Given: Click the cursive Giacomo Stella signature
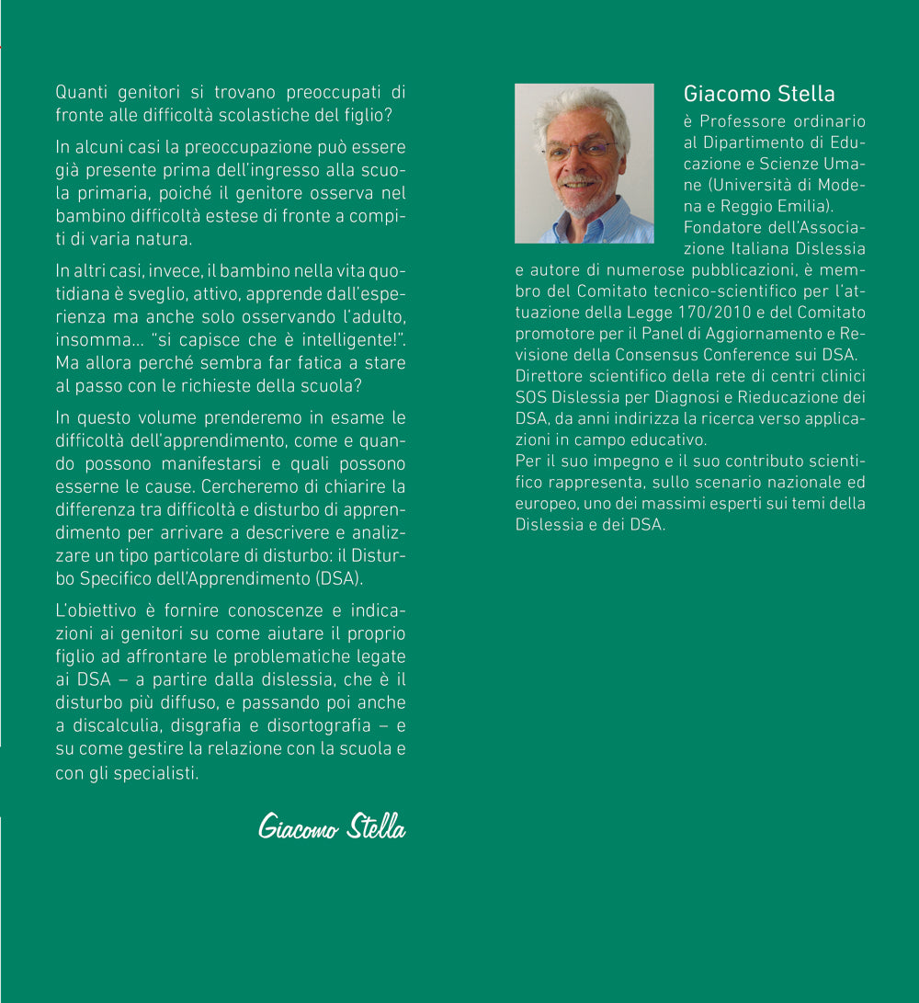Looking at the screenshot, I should tap(332, 826).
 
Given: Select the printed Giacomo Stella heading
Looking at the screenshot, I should tap(759, 94).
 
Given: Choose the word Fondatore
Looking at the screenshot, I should tap(721, 227).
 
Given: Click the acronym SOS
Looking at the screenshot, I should tap(530, 396).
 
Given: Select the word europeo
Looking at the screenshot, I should tap(542, 503).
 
